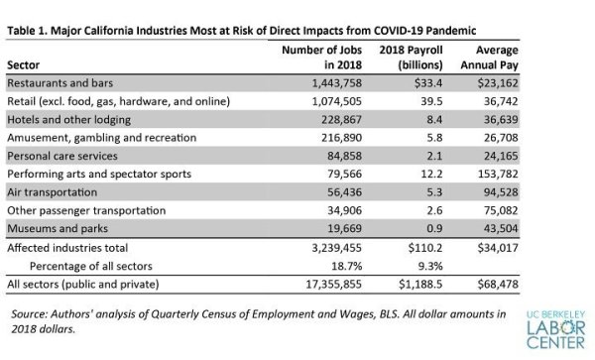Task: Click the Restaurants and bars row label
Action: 59,83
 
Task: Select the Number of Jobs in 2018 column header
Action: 321,58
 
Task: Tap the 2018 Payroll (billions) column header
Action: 411,58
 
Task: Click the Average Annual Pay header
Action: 489,58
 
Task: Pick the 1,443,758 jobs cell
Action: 337,83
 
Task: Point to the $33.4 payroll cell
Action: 428,83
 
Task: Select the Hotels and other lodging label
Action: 69,120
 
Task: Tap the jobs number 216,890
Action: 341,137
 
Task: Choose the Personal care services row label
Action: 62,156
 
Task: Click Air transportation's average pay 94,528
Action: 501,192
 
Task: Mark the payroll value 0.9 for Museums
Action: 434,228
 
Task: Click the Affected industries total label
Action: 67,248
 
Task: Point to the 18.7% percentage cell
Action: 347,266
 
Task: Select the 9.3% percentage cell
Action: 430,266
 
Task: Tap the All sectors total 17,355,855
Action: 334,284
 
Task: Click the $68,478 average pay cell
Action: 498,284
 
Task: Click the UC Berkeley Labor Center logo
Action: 556,329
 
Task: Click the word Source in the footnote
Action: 29,314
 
